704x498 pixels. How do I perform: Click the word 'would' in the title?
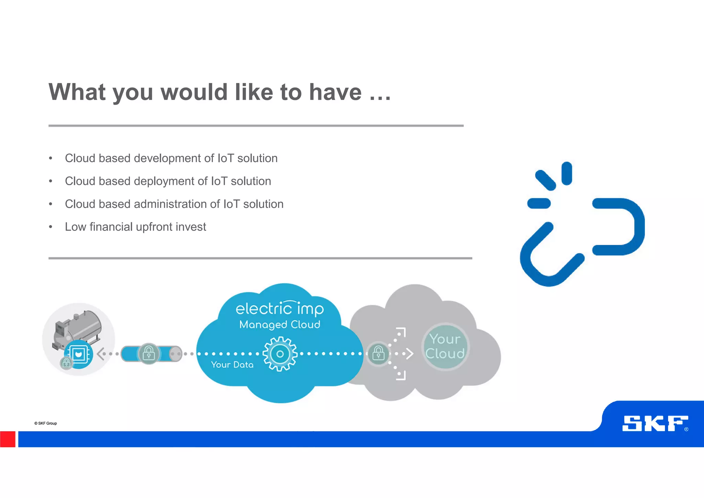[x=194, y=92]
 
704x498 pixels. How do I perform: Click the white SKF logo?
[x=655, y=423]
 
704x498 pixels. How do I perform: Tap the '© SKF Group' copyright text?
[x=46, y=423]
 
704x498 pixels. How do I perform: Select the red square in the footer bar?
[x=8, y=439]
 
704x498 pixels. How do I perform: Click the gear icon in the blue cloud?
[x=280, y=354]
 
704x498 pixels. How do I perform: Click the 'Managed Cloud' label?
[x=279, y=325]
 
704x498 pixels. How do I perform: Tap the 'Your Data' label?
[x=232, y=365]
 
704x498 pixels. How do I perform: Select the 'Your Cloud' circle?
[x=445, y=347]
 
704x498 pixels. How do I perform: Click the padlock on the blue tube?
[x=148, y=353]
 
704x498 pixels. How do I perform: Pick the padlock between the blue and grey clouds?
[x=378, y=353]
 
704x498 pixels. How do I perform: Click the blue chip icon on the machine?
[x=78, y=354]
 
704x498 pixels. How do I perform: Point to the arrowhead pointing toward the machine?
[x=100, y=353]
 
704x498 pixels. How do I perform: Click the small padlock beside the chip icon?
[x=66, y=363]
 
